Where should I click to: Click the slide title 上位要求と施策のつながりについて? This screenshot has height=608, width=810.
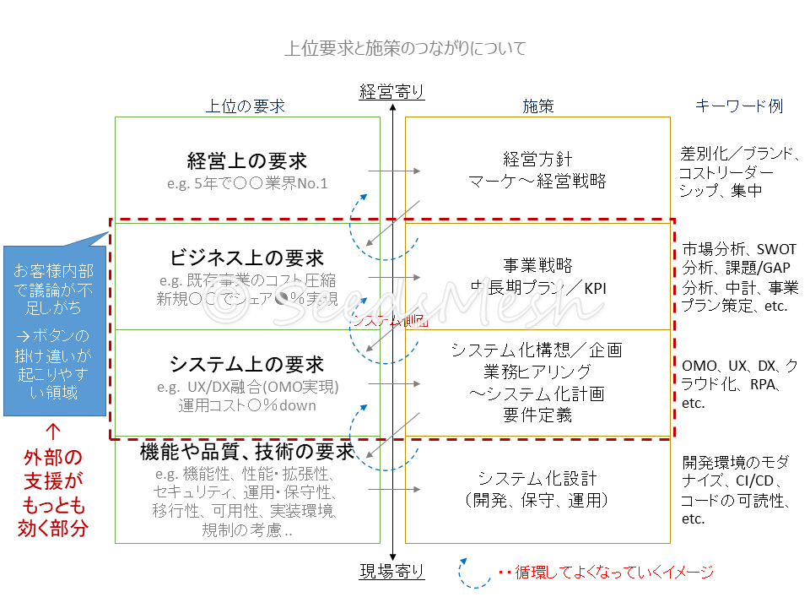pyautogui.click(x=405, y=48)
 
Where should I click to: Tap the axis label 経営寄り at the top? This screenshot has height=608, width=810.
pyautogui.click(x=391, y=92)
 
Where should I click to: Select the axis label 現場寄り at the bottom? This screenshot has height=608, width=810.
pyautogui.click(x=391, y=573)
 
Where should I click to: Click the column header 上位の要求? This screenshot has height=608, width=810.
pyautogui.click(x=246, y=106)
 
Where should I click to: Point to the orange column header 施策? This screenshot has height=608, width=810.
pyautogui.click(x=538, y=106)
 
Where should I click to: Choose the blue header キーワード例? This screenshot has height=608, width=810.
pyautogui.click(x=739, y=106)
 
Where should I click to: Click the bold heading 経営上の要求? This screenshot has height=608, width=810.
pyautogui.click(x=246, y=160)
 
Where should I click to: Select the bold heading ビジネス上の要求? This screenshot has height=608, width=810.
pyautogui.click(x=246, y=258)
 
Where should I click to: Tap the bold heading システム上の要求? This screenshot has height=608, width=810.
pyautogui.click(x=246, y=365)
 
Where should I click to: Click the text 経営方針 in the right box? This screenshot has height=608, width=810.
pyautogui.click(x=537, y=159)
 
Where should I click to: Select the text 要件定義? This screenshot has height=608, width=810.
pyautogui.click(x=537, y=415)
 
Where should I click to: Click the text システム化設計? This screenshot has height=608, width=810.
pyautogui.click(x=537, y=478)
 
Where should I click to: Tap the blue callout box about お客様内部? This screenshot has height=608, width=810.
pyautogui.click(x=54, y=331)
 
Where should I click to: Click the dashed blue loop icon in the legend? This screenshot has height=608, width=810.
pyautogui.click(x=474, y=572)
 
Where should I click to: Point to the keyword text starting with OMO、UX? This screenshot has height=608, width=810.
pyautogui.click(x=740, y=384)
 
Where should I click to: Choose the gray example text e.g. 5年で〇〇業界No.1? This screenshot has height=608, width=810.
pyautogui.click(x=246, y=183)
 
